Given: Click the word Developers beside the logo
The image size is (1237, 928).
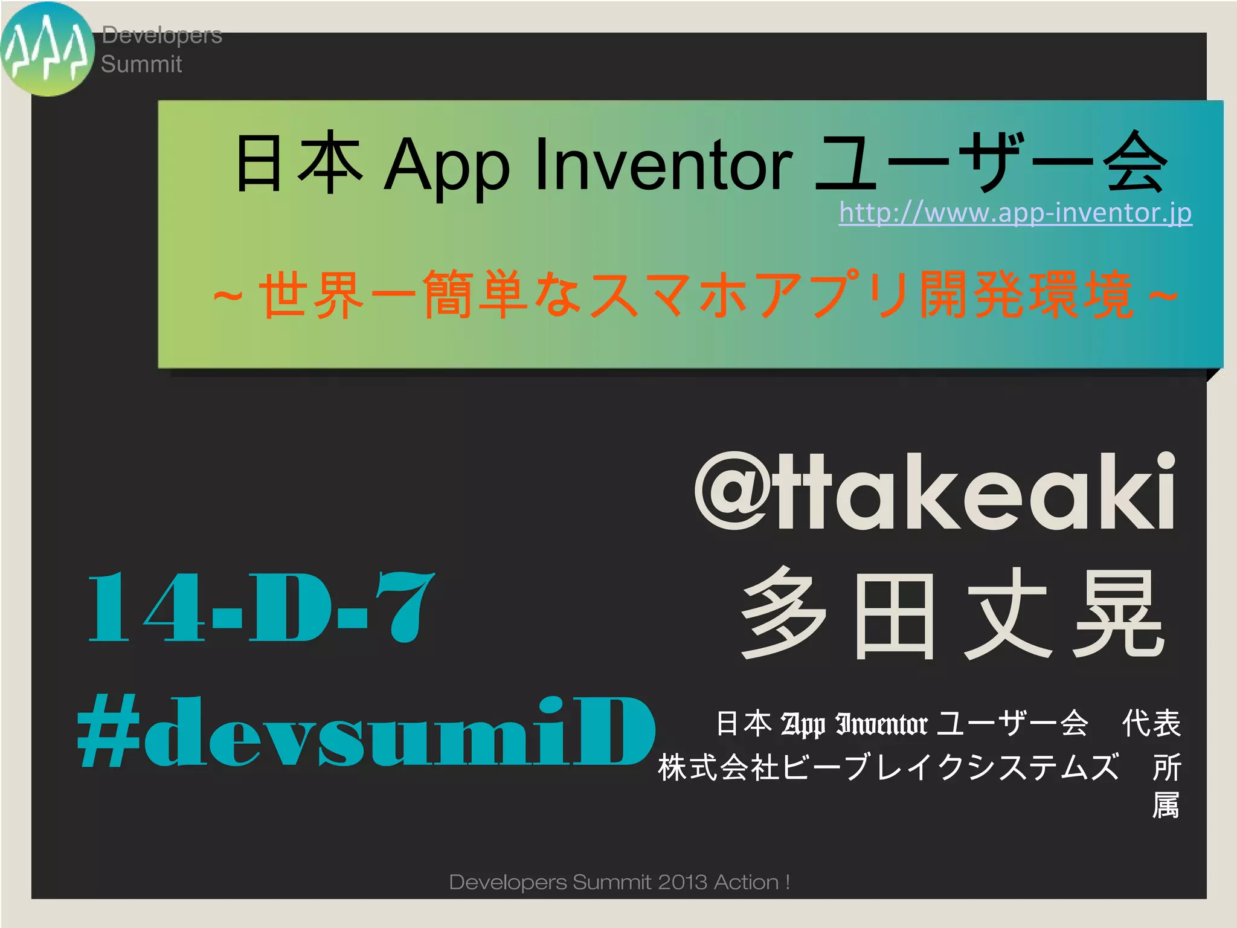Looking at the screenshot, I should point(162,35).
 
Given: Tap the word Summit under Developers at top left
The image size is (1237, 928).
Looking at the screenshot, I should point(141,64).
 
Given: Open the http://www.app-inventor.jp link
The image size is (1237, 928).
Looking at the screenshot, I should point(1015,213).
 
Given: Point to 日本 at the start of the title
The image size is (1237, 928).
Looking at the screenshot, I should point(299,163).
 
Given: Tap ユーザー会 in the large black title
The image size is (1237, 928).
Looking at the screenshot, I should point(991,163).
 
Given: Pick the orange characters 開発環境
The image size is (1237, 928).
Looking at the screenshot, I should point(1026,295).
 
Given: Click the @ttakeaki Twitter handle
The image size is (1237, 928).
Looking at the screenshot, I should point(935,492).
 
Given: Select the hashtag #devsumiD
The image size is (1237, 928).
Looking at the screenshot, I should point(366,732).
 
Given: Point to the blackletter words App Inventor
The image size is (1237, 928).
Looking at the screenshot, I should point(854,724).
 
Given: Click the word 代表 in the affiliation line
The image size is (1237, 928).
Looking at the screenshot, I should point(1151,723).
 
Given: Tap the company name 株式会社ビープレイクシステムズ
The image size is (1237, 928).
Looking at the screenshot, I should point(888,767).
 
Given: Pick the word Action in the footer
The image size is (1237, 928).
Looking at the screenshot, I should point(746,883).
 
